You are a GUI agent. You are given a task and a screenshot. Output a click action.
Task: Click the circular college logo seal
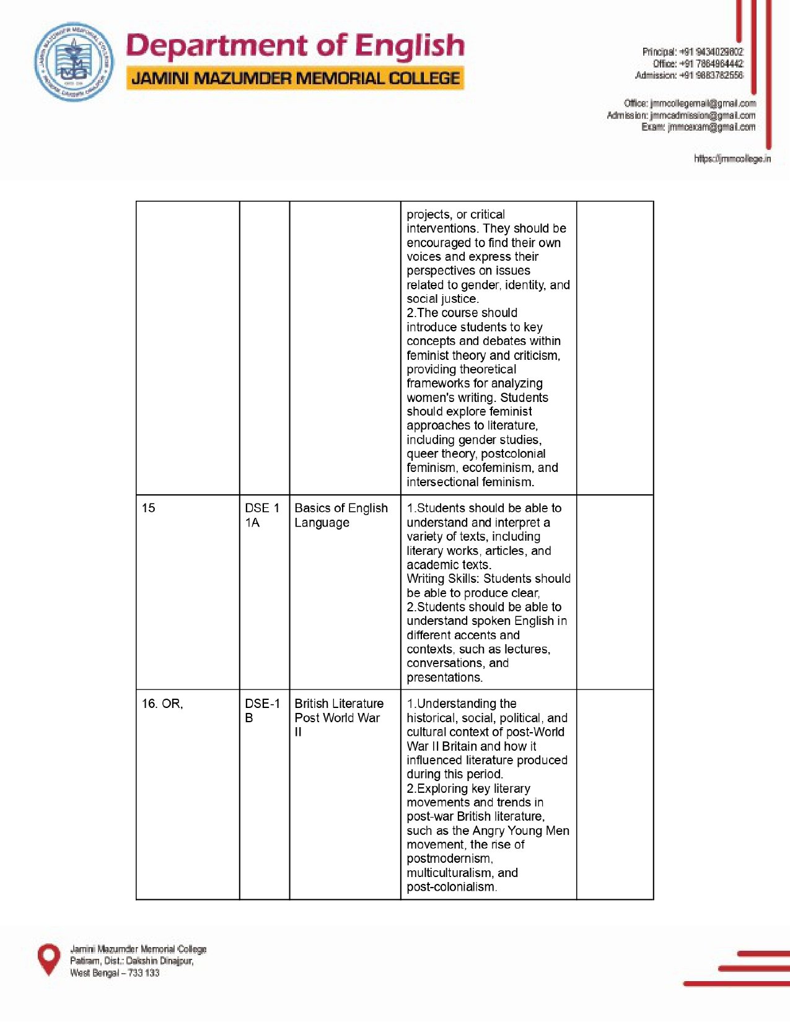pos(74,62)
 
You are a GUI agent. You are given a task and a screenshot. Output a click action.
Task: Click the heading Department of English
pos(295,46)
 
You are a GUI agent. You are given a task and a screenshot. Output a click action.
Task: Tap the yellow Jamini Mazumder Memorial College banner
pos(295,79)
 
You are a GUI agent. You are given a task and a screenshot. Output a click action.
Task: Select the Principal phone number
pos(711,52)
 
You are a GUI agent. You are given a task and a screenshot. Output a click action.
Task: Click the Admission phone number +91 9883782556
pos(711,76)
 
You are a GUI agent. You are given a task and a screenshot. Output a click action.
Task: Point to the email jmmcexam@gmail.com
pos(711,128)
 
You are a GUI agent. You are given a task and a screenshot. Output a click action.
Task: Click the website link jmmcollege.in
pos(732,159)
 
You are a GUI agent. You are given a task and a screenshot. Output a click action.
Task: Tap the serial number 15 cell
pos(149,509)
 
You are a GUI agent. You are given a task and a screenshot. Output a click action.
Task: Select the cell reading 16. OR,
pos(162,704)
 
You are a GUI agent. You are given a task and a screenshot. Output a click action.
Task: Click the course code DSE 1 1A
pos(261,515)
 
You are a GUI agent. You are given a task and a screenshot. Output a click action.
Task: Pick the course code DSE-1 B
pos(261,710)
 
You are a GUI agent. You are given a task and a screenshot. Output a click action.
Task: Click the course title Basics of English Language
pos(341,515)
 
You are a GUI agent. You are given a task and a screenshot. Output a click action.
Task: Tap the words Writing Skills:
pos(443,579)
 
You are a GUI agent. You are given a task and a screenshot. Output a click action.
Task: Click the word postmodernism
pos(449,859)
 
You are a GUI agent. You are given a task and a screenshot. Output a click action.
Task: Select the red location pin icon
pos(49,959)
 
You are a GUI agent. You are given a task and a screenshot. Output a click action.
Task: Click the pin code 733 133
pos(144,974)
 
